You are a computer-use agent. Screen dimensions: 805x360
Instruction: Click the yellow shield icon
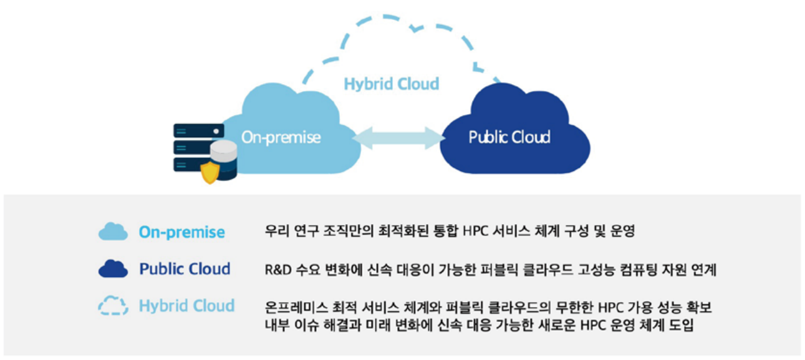point(210,173)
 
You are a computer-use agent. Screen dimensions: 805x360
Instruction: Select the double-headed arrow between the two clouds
point(398,138)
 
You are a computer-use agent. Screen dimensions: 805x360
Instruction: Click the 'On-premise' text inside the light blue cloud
point(281,137)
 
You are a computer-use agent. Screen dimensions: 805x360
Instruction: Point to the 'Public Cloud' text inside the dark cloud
point(509,137)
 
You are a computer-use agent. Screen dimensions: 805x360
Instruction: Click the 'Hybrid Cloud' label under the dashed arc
point(392,84)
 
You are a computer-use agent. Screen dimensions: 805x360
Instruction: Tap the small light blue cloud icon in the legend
point(113,231)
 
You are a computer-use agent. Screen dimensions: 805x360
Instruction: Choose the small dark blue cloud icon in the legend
point(113,269)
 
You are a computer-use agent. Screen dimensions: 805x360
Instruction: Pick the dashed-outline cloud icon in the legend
point(113,306)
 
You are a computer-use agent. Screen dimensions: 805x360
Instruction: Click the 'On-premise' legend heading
point(182,232)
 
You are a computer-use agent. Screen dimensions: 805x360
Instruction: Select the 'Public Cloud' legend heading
point(185,269)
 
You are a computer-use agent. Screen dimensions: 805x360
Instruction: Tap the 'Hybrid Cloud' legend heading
point(187,306)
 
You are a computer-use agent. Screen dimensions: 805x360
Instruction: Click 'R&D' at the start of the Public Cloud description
point(278,270)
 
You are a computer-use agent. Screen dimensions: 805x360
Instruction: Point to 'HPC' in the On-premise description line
point(475,231)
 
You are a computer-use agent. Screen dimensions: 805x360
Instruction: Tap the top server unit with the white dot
point(199,131)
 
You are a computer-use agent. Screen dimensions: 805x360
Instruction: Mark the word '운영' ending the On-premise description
point(623,231)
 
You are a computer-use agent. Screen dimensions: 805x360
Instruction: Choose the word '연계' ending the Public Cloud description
point(704,270)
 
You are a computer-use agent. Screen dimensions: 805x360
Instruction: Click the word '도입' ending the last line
point(681,325)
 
